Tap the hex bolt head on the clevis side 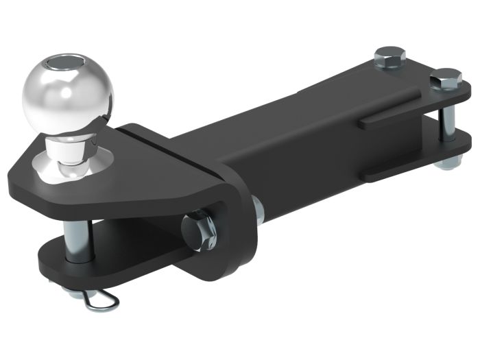click(198, 228)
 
